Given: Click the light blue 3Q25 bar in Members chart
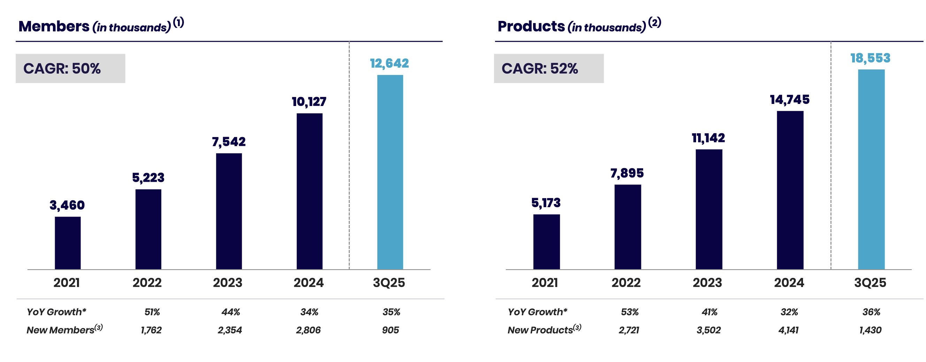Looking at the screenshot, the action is (x=390, y=172).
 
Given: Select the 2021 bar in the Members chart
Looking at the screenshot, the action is (x=68, y=243).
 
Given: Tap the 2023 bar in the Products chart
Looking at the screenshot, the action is (x=709, y=209).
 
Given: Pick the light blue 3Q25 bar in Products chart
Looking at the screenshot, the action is (x=871, y=169).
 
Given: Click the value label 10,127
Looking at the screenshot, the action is (x=309, y=102).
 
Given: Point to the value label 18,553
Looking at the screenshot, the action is (x=870, y=58).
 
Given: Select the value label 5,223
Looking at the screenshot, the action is (x=148, y=178).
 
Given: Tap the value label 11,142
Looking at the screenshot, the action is (x=708, y=138).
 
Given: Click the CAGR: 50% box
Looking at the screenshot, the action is (x=70, y=68).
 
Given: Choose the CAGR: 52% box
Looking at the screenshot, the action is (x=549, y=68).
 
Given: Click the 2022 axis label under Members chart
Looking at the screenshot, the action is (x=147, y=282).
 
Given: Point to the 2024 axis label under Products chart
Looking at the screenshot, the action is (x=789, y=282).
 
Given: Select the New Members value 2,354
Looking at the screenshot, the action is (x=230, y=330).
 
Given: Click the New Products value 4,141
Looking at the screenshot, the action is (x=788, y=330).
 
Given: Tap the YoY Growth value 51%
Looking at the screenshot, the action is (x=152, y=312).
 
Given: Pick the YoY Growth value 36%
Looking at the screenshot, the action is (x=871, y=312).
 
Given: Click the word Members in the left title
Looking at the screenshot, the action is (x=54, y=26).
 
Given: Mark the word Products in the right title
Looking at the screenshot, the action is (x=531, y=26).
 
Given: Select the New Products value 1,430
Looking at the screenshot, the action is (x=870, y=330).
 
